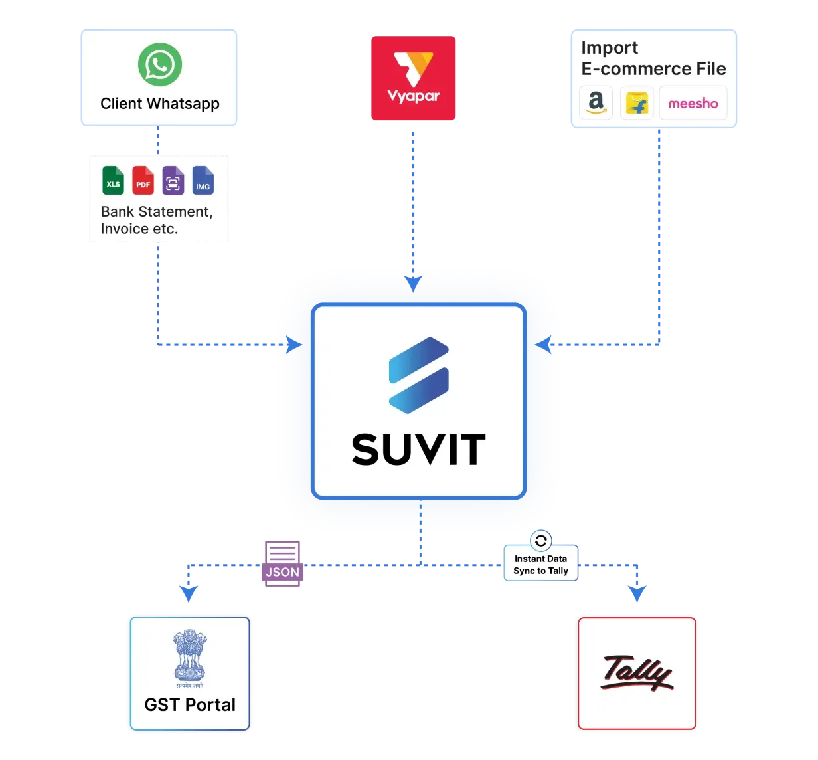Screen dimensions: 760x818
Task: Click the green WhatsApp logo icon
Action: point(160,64)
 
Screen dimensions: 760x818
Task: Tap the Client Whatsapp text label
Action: point(159,104)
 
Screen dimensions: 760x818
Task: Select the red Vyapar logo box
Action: point(413,78)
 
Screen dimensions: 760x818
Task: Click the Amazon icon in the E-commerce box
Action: point(596,103)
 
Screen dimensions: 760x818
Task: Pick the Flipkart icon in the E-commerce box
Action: point(637,103)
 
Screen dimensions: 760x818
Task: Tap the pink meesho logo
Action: point(693,103)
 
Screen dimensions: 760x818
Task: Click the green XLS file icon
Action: point(114,180)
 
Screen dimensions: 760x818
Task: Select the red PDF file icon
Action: point(143,180)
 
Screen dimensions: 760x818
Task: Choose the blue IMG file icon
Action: point(203,180)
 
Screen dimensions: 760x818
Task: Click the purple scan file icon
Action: point(173,180)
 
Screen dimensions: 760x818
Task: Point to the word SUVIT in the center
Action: point(418,450)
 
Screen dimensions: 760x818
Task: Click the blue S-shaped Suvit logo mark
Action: point(418,375)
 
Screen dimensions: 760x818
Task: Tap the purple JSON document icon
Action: point(282,563)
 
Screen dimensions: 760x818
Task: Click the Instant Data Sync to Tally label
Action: point(540,565)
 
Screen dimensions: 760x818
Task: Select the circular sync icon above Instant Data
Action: point(541,540)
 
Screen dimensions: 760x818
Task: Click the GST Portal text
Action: point(190,704)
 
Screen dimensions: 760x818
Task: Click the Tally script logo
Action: point(637,672)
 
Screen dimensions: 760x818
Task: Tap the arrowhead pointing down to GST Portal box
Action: point(189,593)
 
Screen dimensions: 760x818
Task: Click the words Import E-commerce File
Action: point(653,58)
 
